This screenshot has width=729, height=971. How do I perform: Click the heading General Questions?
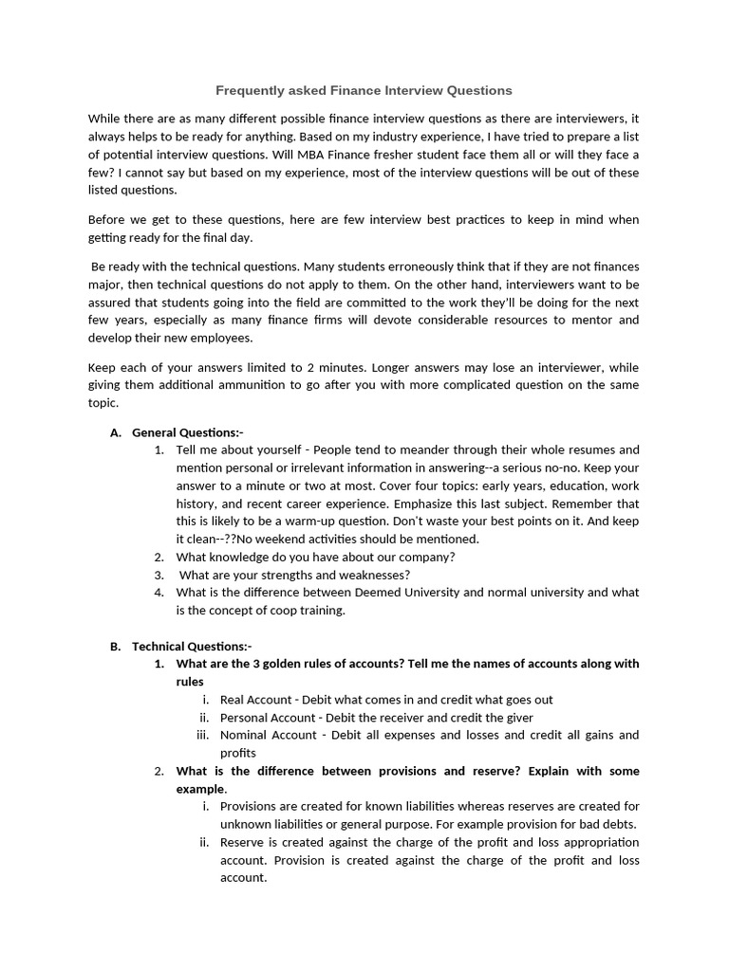tap(188, 432)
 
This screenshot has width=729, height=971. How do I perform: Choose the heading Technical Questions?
tap(192, 646)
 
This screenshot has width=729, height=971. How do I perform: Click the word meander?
tap(392, 449)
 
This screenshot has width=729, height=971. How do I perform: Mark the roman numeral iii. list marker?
tap(201, 735)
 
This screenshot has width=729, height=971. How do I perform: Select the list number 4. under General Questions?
tap(159, 593)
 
